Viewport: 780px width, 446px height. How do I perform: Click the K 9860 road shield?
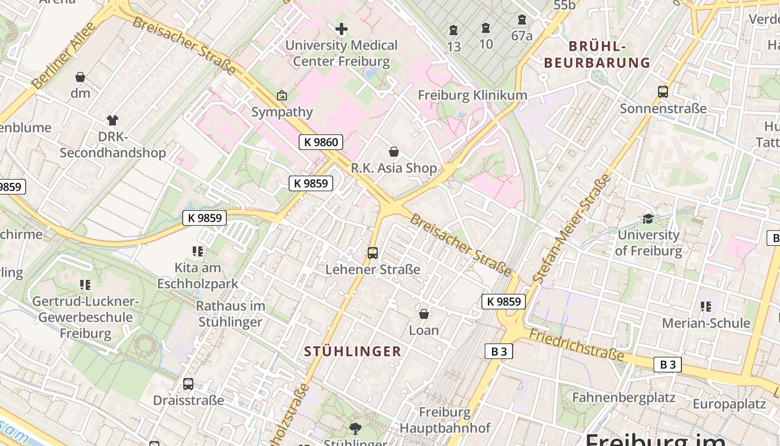coord(320,142)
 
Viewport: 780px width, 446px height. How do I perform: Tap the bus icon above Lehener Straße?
coord(373,253)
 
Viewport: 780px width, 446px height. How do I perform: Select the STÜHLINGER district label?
coord(353,351)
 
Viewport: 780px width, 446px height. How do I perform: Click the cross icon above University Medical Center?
coord(342,29)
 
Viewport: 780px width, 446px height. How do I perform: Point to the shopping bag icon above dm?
coord(80,77)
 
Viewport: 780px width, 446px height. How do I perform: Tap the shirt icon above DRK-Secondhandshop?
coord(113,120)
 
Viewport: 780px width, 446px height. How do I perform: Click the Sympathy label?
coord(282,111)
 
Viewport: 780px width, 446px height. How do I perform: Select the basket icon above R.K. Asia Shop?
coord(394,152)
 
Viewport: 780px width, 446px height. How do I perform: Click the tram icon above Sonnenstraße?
coord(663,92)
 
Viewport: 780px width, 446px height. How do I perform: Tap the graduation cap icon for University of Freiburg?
coord(648,219)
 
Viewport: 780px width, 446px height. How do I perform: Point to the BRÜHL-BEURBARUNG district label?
coord(597,54)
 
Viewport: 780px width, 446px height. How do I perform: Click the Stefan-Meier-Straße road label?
coord(572,229)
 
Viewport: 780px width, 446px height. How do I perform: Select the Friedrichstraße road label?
coord(576,345)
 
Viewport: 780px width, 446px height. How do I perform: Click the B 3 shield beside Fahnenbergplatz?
coord(667,365)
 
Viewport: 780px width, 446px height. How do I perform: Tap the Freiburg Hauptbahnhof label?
coord(445,420)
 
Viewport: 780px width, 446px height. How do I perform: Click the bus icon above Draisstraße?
coord(188,384)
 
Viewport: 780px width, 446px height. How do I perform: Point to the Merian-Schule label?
coord(706,323)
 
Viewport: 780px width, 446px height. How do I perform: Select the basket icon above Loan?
coord(424,314)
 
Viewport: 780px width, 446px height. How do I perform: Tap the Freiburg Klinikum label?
coord(472,95)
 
